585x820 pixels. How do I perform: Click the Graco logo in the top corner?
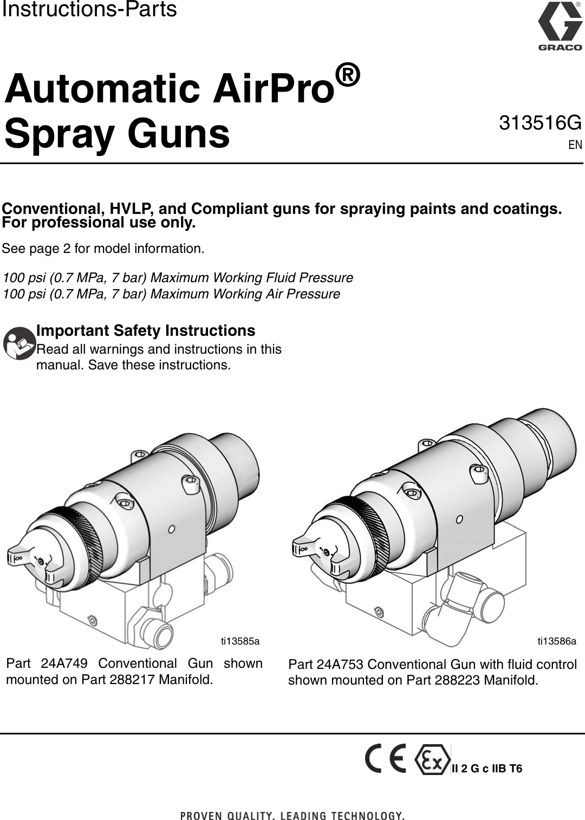coord(560,27)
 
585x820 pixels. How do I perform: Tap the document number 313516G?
coord(540,123)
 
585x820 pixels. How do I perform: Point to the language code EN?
coord(575,145)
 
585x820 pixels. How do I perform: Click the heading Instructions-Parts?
coord(89,10)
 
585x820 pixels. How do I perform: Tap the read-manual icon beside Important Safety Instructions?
coord(19,343)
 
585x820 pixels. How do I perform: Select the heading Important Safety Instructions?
coord(145,330)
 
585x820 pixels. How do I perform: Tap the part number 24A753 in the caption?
coord(340,665)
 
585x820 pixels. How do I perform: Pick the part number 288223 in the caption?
coord(457,680)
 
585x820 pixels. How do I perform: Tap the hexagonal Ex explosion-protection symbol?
coord(432,760)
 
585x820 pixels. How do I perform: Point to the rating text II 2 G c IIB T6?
coord(487,769)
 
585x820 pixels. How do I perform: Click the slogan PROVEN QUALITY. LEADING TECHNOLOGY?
coord(292,815)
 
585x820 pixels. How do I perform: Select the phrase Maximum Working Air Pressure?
coord(245,294)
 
